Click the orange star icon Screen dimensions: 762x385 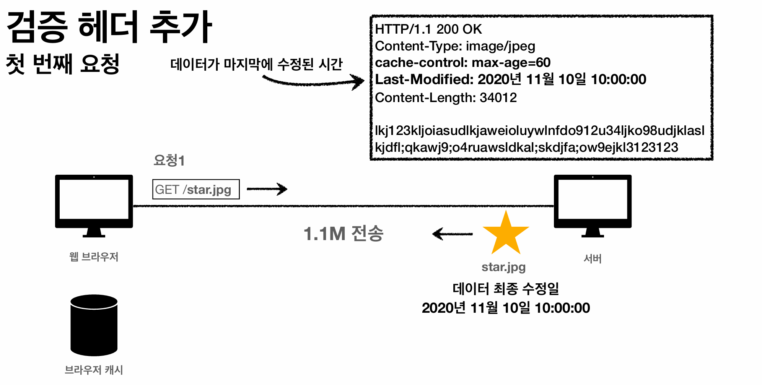[506, 234]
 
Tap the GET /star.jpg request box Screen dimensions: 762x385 [196, 189]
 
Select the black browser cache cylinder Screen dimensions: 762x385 [94, 325]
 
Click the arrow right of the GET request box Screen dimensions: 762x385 [267, 189]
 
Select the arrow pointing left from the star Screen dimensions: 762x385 [452, 234]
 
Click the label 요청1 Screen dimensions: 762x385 [169, 161]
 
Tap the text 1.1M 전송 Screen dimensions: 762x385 [343, 234]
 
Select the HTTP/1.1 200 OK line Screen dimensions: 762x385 [428, 29]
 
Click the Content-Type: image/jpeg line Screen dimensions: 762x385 [455, 46]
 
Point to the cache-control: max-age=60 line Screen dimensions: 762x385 [462, 62]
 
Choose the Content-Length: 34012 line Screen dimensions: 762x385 [446, 97]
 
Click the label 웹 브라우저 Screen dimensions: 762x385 [94, 257]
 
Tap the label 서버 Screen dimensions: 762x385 [593, 259]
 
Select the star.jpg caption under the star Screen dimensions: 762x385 [503, 267]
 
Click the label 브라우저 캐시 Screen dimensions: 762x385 [94, 370]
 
